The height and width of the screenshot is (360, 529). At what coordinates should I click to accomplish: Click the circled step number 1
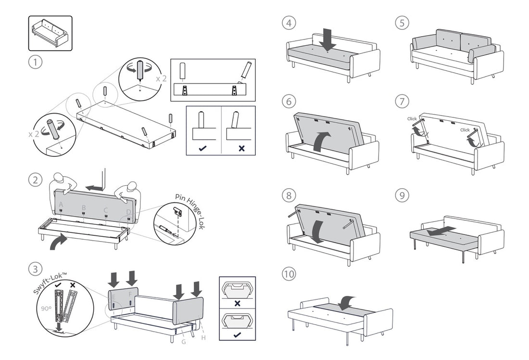tap(35, 63)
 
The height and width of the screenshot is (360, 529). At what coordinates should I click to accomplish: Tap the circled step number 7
tap(402, 102)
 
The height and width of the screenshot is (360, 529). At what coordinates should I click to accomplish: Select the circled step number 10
tap(289, 273)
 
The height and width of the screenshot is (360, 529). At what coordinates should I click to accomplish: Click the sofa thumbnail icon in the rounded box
tap(50, 33)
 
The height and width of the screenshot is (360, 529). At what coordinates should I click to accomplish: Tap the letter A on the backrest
tap(61, 204)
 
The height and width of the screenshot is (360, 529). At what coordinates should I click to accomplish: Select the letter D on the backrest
tap(128, 212)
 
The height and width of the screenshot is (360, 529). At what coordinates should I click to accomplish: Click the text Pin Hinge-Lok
tap(189, 211)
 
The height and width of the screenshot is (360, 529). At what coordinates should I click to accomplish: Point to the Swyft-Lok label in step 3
tap(50, 283)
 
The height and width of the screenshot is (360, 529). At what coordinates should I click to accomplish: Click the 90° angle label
tap(46, 309)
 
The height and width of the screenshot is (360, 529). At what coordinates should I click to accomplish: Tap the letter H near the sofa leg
tap(203, 337)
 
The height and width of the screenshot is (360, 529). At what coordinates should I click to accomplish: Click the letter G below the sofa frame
tap(184, 342)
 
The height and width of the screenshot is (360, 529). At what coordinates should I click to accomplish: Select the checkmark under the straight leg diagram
tap(203, 148)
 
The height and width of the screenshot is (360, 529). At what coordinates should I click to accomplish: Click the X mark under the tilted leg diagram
tap(241, 148)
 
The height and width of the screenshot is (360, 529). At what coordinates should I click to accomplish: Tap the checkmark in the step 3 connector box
tap(237, 334)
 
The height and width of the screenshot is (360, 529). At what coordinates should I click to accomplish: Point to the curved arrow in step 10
tap(347, 303)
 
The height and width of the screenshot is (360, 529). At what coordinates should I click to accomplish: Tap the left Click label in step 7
tap(412, 118)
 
